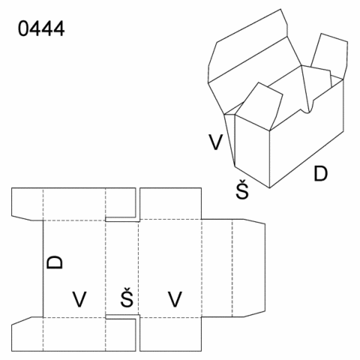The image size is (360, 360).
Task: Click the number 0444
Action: click(41, 28)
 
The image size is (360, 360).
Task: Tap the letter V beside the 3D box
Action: click(215, 142)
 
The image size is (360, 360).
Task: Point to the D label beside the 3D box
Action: click(320, 173)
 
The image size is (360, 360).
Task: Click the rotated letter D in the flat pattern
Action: click(55, 262)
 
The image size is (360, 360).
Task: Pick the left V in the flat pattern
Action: click(79, 299)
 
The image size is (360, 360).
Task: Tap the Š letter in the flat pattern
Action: click(127, 297)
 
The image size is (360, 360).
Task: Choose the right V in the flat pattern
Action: click(175, 299)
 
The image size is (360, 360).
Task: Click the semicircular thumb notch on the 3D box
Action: click(307, 109)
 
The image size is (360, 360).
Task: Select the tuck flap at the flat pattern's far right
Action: click(249, 268)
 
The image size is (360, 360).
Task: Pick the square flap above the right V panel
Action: click(170, 203)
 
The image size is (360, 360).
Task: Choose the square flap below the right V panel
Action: click(170, 334)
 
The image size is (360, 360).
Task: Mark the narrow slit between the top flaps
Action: click(138, 204)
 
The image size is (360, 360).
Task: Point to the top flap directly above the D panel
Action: click(74, 204)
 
